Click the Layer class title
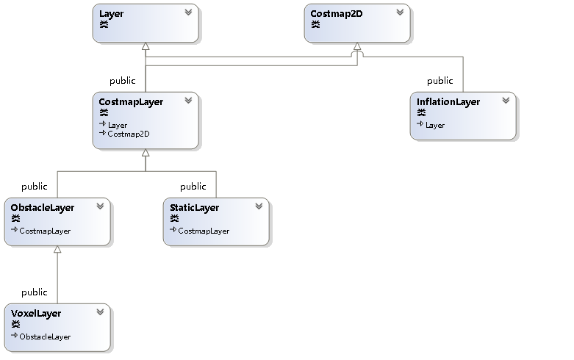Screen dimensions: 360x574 [x=112, y=13]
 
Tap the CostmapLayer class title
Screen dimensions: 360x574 [x=131, y=102]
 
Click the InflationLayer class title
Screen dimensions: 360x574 [x=448, y=102]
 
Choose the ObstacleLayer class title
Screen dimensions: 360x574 [x=43, y=208]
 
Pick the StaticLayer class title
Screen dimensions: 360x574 [x=194, y=208]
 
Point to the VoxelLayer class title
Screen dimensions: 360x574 [x=36, y=314]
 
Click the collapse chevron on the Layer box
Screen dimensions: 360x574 [x=188, y=12]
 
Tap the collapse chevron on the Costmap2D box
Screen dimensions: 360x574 [x=399, y=12]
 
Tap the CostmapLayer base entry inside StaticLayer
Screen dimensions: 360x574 [x=203, y=231]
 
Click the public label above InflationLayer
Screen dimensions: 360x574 [x=440, y=81]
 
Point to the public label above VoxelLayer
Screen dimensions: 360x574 [x=35, y=292]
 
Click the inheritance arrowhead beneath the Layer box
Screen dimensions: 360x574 [x=146, y=47]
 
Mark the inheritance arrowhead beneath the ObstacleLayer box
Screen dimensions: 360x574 [x=57, y=250]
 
